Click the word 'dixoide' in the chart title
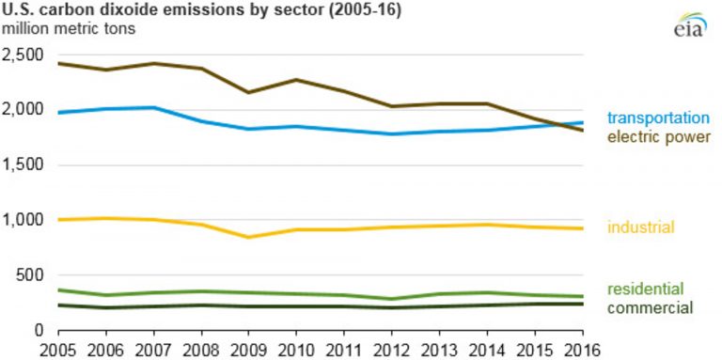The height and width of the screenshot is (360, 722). click(x=126, y=9)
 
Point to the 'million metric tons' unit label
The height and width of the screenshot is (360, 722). click(x=68, y=27)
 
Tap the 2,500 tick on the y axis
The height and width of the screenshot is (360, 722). click(x=24, y=55)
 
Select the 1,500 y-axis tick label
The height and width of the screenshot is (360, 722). click(x=24, y=165)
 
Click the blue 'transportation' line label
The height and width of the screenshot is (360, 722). click(x=657, y=118)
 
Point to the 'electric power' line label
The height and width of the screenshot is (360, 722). click(x=657, y=137)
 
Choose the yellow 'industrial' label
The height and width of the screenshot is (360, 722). click(x=640, y=227)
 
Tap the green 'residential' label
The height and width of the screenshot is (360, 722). click(x=645, y=290)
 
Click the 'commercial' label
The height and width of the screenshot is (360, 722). click(x=650, y=307)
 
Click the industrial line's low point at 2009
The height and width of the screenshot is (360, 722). click(x=248, y=237)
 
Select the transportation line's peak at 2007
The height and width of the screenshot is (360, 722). click(x=153, y=107)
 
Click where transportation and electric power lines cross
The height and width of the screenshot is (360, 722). click(x=562, y=125)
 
